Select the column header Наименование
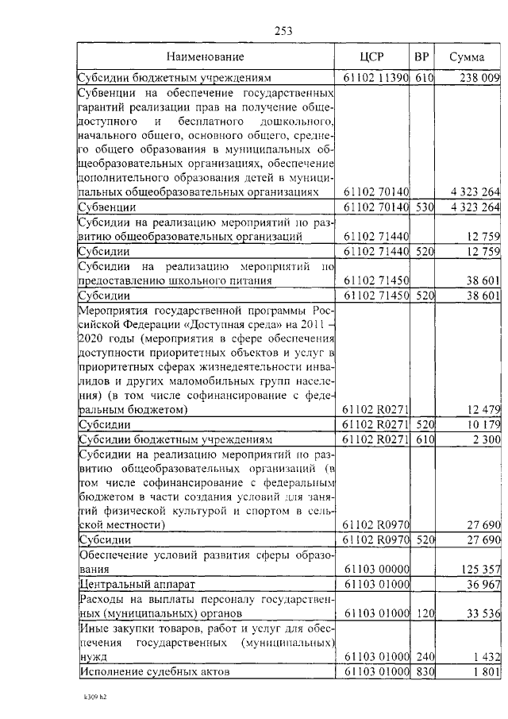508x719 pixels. coord(206,57)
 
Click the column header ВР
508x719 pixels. coord(422,57)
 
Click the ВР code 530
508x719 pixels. coord(424,207)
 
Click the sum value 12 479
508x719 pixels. coord(481,410)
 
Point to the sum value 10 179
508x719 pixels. coord(481,425)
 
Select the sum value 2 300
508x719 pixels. coord(486,439)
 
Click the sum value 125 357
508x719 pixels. coord(479,569)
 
